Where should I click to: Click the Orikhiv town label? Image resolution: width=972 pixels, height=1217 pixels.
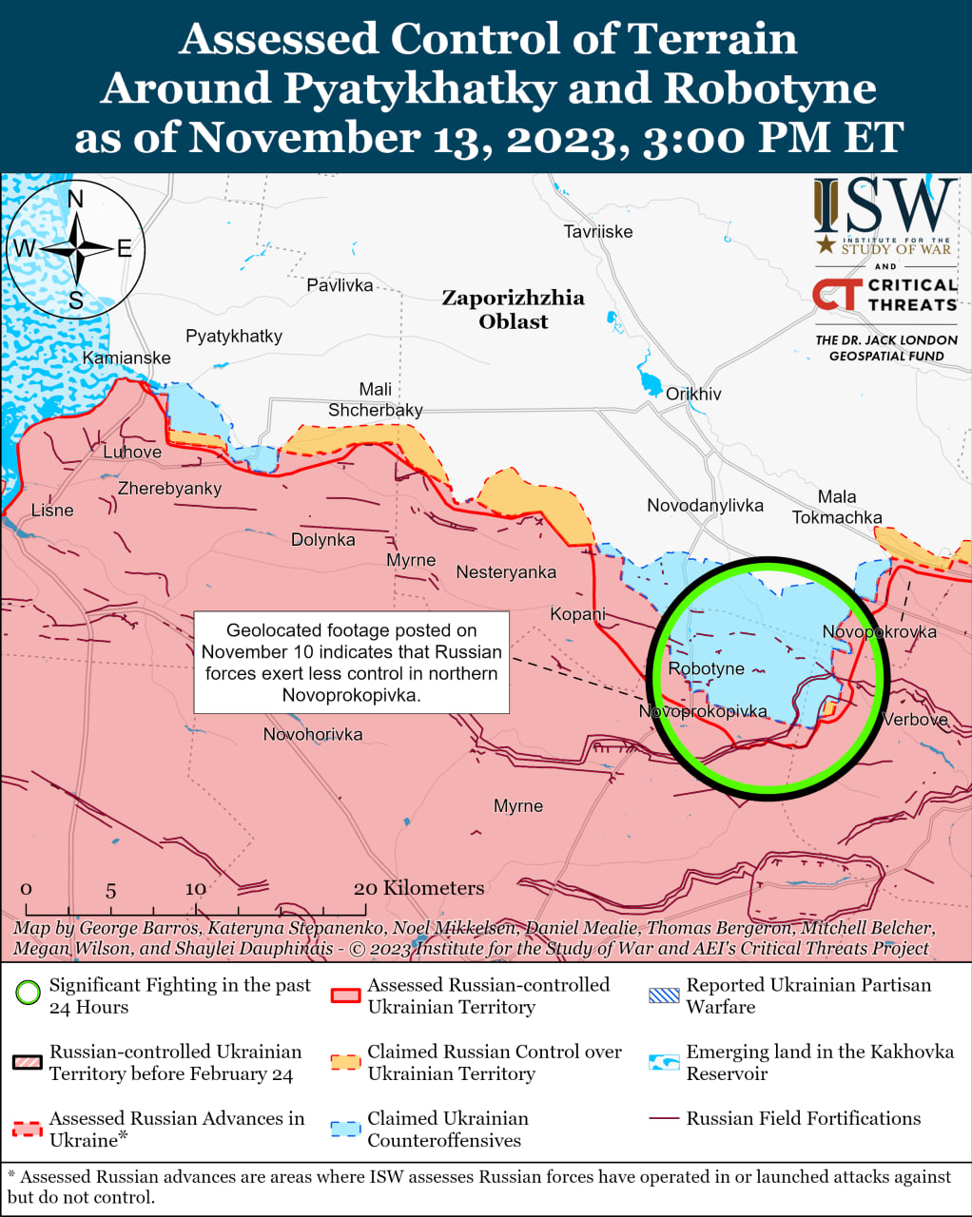coord(693,394)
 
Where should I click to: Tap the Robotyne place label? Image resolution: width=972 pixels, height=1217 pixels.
coord(706,668)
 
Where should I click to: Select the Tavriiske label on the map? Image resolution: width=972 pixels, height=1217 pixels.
coord(597,231)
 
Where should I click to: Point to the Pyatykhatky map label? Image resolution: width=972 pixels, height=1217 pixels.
coord(234,336)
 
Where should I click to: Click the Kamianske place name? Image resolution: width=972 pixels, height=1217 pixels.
coord(126,357)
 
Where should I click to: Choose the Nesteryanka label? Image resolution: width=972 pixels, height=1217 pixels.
coord(506,571)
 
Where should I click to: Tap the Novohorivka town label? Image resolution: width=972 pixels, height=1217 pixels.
coord(313,734)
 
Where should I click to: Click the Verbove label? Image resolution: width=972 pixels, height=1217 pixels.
coord(915,719)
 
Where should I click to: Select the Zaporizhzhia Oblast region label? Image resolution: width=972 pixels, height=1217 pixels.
coord(513,309)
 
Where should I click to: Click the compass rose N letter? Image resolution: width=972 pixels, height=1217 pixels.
coord(76,199)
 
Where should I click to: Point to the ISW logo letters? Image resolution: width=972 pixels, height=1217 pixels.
coord(885,206)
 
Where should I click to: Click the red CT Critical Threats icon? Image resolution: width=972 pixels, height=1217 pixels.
coord(836,294)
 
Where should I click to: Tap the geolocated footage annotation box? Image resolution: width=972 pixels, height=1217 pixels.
coord(351,662)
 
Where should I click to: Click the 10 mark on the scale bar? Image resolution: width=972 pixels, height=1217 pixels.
coord(195,889)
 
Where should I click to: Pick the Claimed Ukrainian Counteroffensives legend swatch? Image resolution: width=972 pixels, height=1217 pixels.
coord(345,1129)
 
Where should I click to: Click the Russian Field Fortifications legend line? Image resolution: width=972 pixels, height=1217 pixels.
coord(663,1119)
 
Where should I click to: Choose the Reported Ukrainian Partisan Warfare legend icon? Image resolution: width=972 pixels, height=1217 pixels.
coord(664,995)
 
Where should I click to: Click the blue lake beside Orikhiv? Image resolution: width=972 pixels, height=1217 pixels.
coord(650,383)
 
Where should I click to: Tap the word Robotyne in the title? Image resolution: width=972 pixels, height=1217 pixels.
coord(769,87)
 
